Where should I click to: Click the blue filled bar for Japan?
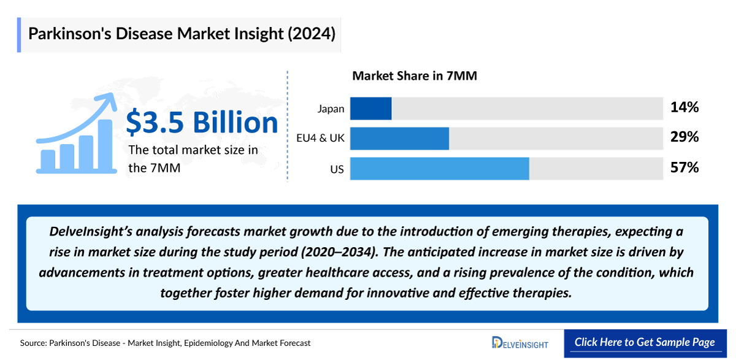point(370,109)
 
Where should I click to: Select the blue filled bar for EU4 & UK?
point(399,139)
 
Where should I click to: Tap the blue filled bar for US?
point(439,169)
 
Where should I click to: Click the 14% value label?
point(684,108)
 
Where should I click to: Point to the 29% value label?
point(684,138)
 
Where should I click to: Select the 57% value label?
point(684,167)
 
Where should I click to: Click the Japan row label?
point(331,109)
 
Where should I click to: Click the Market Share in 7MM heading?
point(415,77)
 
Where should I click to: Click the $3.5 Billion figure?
point(202,123)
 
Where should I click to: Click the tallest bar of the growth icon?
point(105,145)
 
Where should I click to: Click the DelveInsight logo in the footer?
point(520,343)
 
